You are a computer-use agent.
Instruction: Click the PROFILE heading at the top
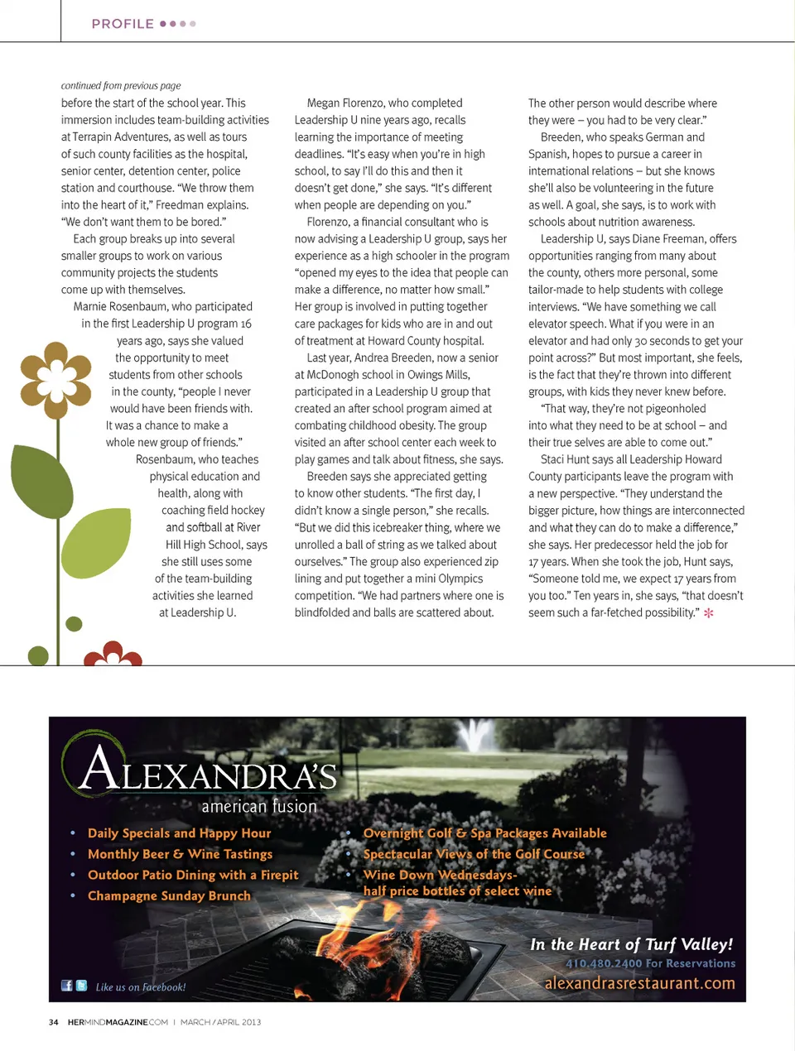[x=123, y=24]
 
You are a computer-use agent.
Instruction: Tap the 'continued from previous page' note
[x=121, y=85]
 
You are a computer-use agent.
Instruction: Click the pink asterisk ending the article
[x=708, y=613]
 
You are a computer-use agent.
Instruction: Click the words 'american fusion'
[x=259, y=806]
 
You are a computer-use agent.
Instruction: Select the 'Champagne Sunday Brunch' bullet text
[x=169, y=895]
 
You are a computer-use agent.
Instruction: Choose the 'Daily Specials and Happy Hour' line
[x=179, y=833]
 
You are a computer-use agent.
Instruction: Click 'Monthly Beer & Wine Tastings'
[x=180, y=854]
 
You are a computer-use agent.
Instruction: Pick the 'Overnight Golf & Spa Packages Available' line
[x=484, y=833]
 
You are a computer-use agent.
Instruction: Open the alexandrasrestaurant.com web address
[x=639, y=983]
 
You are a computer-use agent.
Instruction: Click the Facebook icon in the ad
[x=67, y=986]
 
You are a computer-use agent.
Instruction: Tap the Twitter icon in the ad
[x=81, y=986]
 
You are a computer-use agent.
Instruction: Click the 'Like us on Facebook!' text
[x=141, y=987]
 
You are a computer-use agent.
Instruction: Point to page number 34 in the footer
[x=54, y=1022]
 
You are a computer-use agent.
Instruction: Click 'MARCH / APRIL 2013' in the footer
[x=220, y=1022]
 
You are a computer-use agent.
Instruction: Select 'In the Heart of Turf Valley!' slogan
[x=631, y=944]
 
